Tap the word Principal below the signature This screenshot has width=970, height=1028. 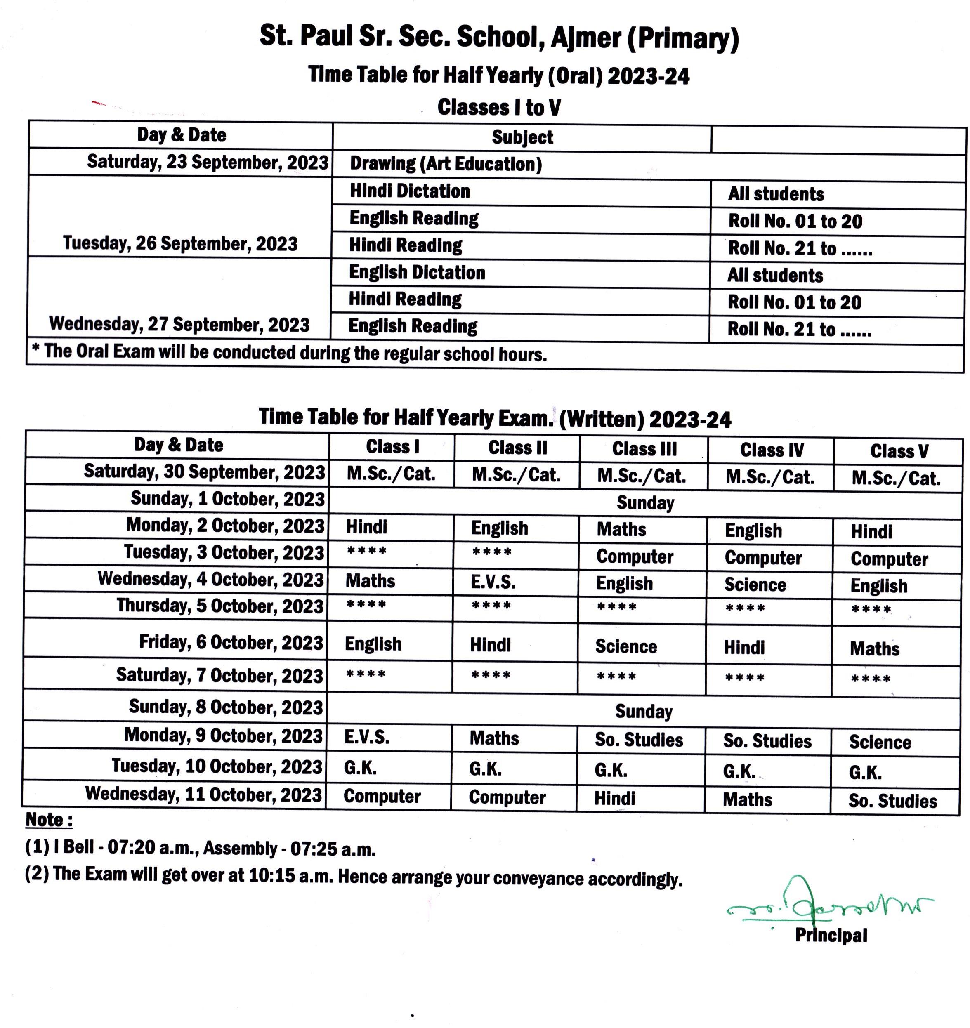831,935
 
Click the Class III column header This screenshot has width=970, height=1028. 644,449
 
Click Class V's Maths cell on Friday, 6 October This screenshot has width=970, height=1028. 874,648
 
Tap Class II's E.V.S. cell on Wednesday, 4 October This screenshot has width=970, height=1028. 492,582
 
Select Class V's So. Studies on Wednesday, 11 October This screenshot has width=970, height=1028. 892,801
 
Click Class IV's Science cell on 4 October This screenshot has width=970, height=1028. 755,584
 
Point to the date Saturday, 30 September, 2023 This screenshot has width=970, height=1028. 204,472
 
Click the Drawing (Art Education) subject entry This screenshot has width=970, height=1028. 446,164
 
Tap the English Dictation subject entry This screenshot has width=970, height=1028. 417,273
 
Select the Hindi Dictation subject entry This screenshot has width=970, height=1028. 410,191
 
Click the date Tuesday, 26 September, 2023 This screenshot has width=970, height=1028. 180,243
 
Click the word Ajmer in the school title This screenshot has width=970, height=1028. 585,37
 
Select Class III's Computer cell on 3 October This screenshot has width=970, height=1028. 635,556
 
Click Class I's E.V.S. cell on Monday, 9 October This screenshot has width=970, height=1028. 367,737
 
